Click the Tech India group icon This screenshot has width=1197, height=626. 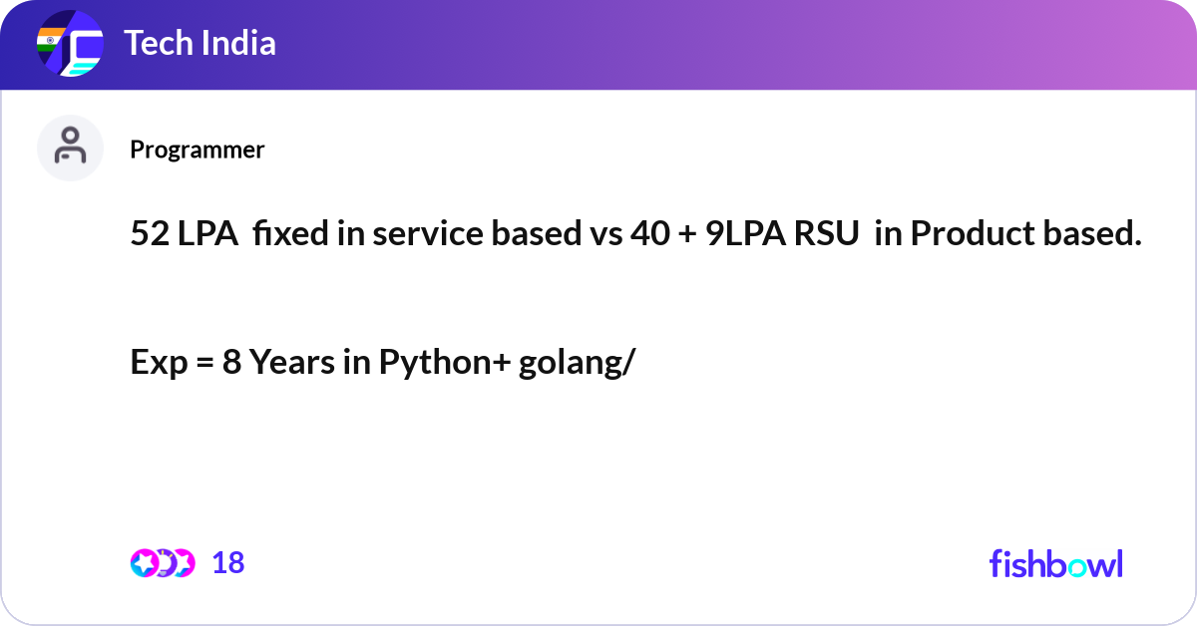click(x=70, y=45)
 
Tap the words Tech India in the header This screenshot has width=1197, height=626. click(x=199, y=44)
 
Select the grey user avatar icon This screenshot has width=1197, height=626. click(x=70, y=148)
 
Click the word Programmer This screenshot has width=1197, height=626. click(x=198, y=150)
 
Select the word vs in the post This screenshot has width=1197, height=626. click(x=603, y=234)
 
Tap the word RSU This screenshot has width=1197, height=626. click(x=818, y=234)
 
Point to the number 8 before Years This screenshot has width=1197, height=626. click(x=231, y=363)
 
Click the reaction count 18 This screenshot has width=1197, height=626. click(x=228, y=563)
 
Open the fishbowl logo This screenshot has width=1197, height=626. click(x=1055, y=563)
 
